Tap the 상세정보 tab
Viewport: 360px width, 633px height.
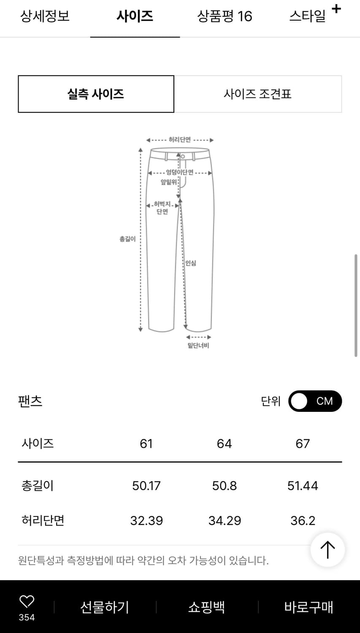point(45,16)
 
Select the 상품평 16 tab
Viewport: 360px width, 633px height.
point(225,16)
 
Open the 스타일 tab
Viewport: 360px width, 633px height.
point(308,16)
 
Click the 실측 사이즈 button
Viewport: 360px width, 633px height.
point(96,94)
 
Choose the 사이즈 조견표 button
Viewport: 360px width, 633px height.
point(257,94)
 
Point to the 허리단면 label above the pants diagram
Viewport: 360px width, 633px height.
point(180,140)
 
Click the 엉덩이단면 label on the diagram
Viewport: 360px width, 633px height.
point(179,172)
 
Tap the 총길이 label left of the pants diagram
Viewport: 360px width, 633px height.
point(127,239)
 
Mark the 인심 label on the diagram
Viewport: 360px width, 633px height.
point(191,263)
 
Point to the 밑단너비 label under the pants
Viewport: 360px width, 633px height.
point(198,346)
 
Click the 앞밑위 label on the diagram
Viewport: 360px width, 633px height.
point(168,182)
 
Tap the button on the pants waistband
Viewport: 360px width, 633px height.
point(183,157)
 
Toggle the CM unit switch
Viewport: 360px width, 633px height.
point(315,401)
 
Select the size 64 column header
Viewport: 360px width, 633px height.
point(224,444)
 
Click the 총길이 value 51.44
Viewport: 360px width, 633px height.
point(303,486)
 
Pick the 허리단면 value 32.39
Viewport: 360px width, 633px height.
point(146,520)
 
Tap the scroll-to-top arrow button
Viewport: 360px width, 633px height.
point(328,550)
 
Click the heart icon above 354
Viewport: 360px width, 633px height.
point(27,601)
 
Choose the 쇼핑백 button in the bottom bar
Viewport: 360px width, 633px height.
point(206,607)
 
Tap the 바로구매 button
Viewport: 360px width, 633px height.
point(309,607)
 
